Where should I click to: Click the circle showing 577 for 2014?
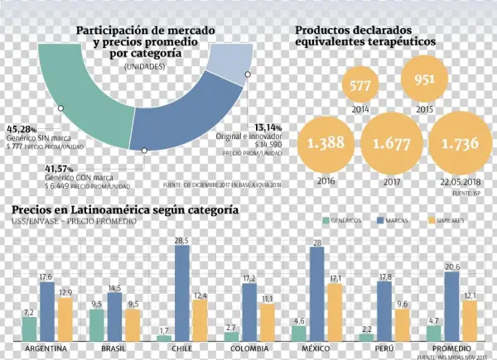coord(359,85)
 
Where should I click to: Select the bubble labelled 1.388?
coord(325,143)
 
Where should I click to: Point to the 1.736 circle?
coord(459,143)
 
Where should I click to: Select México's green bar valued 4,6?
coord(300,333)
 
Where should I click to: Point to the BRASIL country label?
coord(113,349)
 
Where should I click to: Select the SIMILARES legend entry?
coord(451,221)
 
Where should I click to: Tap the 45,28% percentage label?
coord(22,129)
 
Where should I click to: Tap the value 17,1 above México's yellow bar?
coord(335,278)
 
